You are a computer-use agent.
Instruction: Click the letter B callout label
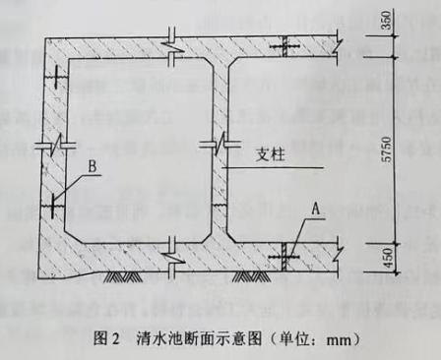point(91,169)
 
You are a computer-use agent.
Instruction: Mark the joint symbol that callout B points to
point(51,206)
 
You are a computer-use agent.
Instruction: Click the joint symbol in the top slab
point(287,47)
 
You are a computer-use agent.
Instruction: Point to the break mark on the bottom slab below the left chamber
point(174,258)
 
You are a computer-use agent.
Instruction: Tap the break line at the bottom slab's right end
point(340,253)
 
